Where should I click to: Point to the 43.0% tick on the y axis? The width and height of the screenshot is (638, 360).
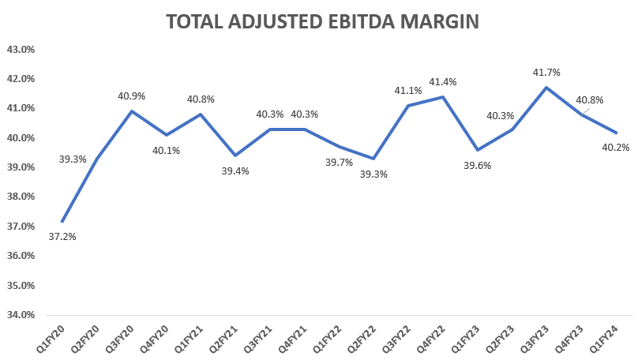(21, 49)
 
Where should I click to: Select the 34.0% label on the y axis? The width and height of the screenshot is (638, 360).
(21, 314)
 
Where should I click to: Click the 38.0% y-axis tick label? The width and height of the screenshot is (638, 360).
(21, 197)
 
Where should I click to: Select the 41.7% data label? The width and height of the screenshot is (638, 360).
(546, 72)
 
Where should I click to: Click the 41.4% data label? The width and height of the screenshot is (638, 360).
(442, 81)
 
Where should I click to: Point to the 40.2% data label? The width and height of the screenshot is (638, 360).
(615, 147)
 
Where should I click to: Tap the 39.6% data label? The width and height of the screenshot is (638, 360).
(477, 165)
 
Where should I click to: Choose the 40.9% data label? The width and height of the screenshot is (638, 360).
(131, 96)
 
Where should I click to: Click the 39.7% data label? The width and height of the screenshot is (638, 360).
(338, 162)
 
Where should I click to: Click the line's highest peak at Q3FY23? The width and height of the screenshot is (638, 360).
(546, 87)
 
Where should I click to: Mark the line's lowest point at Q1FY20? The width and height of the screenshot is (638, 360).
(62, 222)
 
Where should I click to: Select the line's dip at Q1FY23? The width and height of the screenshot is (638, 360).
(477, 149)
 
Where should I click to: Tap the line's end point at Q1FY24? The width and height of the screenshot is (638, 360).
(616, 133)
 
